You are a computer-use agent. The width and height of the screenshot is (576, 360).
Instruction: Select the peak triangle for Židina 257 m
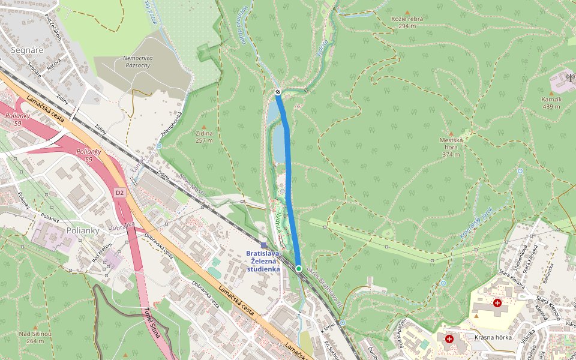[x=203, y=127]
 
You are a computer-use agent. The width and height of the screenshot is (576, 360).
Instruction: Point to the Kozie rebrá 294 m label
[x=407, y=22]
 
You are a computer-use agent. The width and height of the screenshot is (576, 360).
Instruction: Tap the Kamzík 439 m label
[x=550, y=103]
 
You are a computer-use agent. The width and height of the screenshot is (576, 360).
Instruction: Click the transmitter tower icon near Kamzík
[x=569, y=77]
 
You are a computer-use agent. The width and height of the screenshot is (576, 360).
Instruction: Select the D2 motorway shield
[x=119, y=193]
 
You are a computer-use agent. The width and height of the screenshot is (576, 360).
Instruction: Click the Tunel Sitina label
[x=151, y=322]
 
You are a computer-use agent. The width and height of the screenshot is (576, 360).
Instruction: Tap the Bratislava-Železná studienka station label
[x=263, y=261]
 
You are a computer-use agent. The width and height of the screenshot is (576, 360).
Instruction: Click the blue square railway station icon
[x=264, y=244]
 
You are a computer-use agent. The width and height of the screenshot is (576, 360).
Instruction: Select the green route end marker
[x=298, y=268]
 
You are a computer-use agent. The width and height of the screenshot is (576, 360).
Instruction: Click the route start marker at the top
[x=278, y=92]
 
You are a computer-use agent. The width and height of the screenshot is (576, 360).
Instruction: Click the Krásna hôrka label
[x=493, y=337]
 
